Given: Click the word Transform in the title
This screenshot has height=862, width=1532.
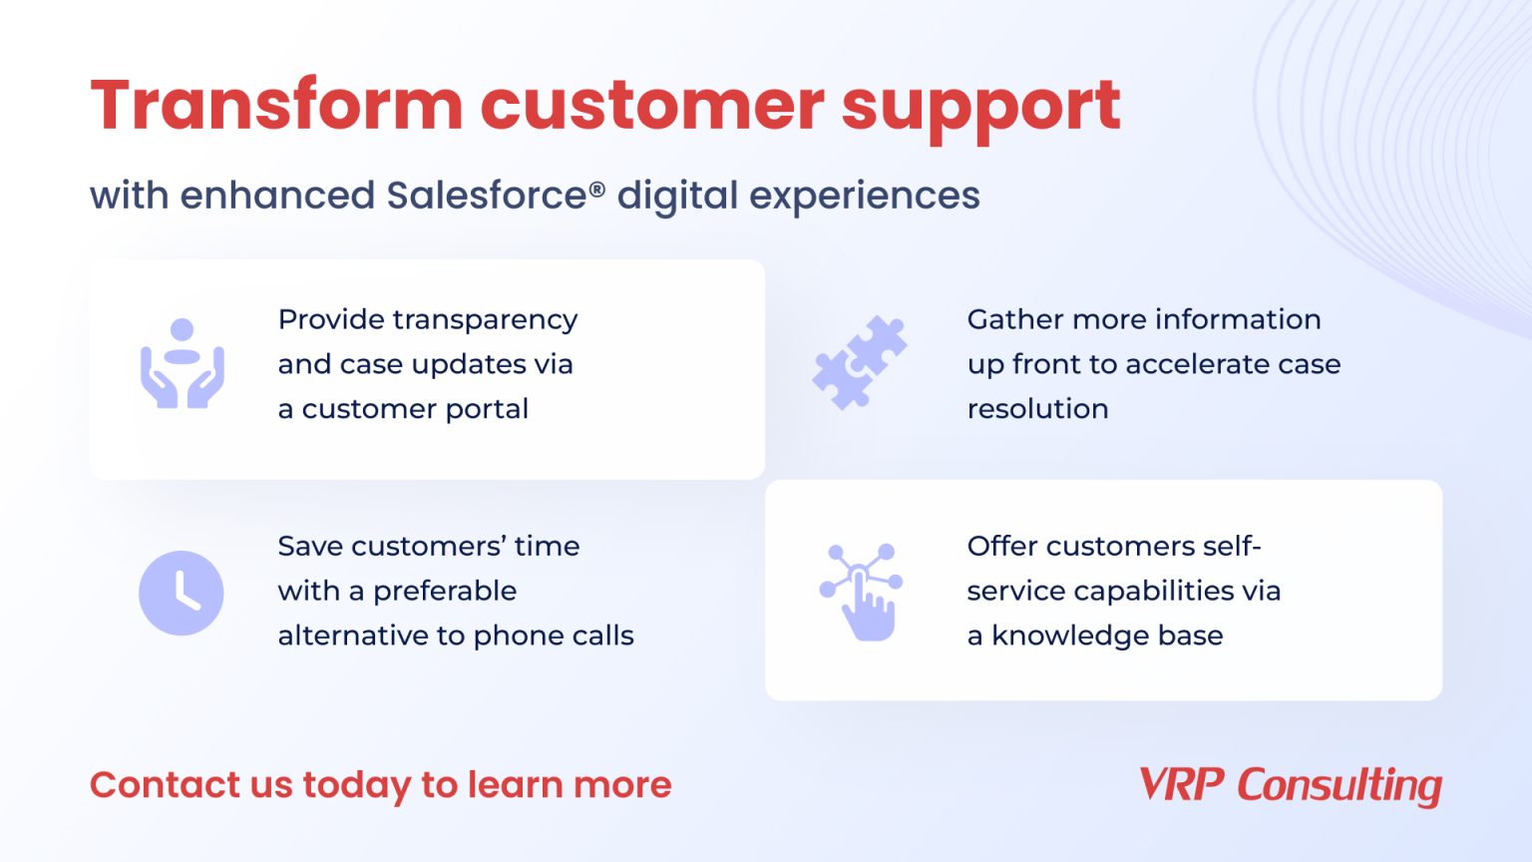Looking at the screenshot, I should [x=276, y=106].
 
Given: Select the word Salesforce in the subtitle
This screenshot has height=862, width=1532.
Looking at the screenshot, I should [x=487, y=196].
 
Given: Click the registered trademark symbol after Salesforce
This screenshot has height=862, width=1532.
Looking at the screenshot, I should [x=597, y=189].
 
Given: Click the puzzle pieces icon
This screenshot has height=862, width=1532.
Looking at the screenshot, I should [x=860, y=362].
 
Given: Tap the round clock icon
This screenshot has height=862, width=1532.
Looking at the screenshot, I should [x=182, y=593].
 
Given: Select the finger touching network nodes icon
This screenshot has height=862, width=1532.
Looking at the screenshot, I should [x=861, y=592].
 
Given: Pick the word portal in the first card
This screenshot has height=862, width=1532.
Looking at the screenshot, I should [x=487, y=409].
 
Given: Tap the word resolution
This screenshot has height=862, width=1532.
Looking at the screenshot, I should [x=1037, y=409].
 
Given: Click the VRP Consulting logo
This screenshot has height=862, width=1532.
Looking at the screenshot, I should [x=1291, y=785].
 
